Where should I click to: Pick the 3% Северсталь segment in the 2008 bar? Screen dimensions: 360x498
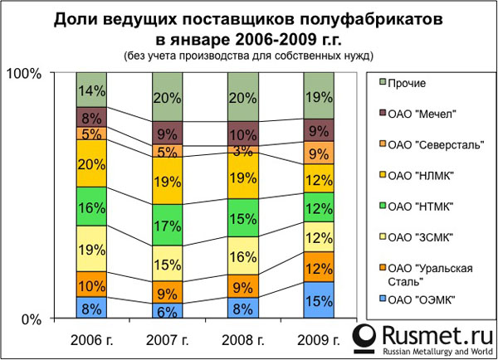coord(242,149)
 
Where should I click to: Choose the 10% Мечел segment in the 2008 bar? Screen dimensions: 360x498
coord(242,134)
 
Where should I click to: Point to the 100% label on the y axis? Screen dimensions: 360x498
coord(24,75)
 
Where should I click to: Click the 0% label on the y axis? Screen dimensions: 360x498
coord(31,319)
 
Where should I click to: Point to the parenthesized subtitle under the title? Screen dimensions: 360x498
coord(248,56)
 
